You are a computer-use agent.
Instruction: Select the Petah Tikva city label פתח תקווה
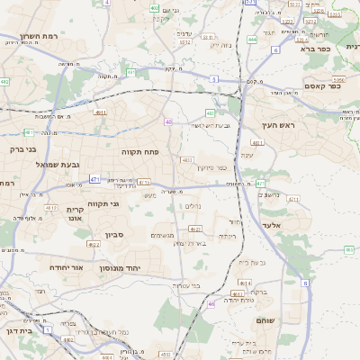click(x=140, y=152)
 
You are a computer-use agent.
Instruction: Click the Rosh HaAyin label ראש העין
click(x=278, y=125)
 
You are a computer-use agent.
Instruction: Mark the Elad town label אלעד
click(x=272, y=225)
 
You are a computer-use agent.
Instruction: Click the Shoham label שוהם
click(x=291, y=320)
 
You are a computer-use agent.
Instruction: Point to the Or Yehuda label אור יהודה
click(x=64, y=267)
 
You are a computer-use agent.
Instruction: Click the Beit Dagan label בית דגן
click(x=17, y=331)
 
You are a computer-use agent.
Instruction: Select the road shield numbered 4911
click(x=100, y=112)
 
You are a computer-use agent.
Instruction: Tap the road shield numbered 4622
click(x=94, y=243)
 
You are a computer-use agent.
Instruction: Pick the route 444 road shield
click(x=252, y=40)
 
